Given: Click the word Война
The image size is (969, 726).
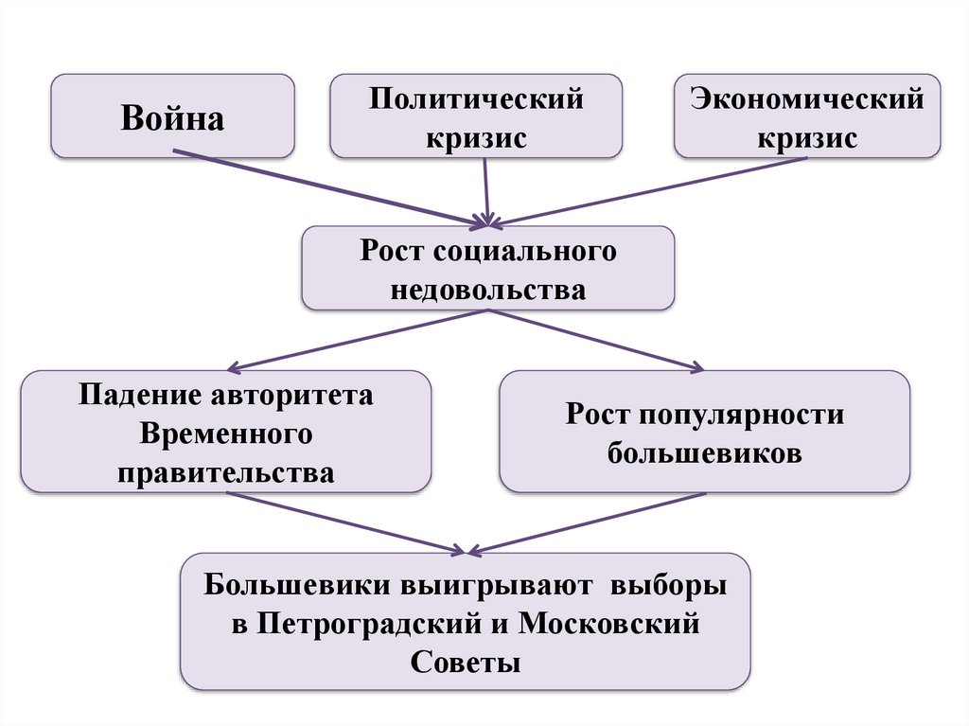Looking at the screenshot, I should click(172, 120).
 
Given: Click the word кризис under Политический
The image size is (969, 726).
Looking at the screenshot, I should click(476, 138).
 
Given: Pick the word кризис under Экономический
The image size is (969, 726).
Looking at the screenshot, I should click(806, 138).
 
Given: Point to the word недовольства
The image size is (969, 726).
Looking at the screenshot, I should click(487, 290).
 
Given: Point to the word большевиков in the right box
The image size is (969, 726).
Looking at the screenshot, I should click(705, 453).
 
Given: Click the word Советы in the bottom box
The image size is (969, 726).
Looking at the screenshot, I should click(466, 662).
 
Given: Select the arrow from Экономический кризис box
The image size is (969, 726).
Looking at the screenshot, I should click(653, 190).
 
